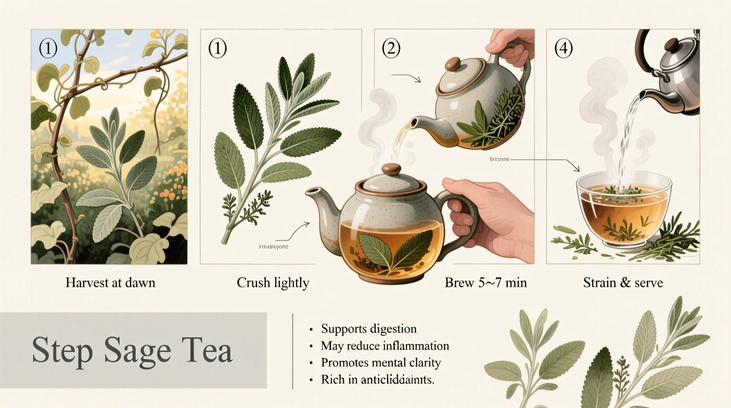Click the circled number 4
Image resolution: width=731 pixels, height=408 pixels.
563,48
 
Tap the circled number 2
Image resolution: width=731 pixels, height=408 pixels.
391,48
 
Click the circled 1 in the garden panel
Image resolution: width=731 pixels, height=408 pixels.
48,48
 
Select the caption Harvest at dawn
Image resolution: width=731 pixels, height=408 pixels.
110,282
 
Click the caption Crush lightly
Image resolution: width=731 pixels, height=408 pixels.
273,282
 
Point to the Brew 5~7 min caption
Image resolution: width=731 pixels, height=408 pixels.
485,282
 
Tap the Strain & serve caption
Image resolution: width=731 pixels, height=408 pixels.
622,282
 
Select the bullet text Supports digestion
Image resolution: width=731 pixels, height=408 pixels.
369,329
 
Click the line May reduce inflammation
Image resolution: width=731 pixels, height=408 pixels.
385,346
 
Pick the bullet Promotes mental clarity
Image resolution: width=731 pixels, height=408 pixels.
380,363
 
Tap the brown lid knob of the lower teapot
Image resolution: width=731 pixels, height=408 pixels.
391,169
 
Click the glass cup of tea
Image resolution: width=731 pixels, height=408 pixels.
624,211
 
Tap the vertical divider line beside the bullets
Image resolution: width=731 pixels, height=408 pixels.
293,352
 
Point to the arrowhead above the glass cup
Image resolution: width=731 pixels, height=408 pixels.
577,169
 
